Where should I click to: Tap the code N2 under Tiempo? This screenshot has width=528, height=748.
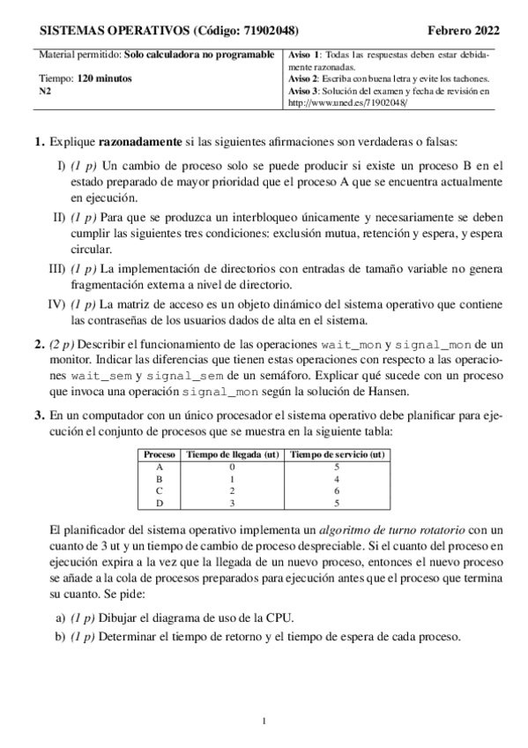pos(46,90)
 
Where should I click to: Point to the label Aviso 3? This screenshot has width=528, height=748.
pos(305,91)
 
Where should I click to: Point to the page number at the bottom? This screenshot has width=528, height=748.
pos(264,723)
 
